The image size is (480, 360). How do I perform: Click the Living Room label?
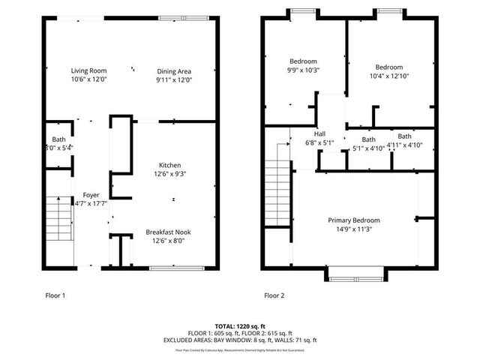click(x=89, y=70)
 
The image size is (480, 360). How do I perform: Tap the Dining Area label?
click(x=175, y=70)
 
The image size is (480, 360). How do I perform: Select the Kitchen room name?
click(x=169, y=165)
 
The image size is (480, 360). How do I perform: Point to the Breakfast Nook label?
click(x=169, y=232)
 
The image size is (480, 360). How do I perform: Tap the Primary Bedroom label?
click(x=353, y=220)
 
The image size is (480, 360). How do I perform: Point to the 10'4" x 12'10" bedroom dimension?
click(x=389, y=75)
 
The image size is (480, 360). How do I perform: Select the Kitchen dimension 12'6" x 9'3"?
click(x=169, y=174)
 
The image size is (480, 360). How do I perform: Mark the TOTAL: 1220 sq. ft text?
click(x=239, y=326)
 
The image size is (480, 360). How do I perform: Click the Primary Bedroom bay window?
click(x=356, y=278)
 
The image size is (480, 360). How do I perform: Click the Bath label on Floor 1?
click(x=58, y=139)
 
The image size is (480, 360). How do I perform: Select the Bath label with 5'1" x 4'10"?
click(x=368, y=139)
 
